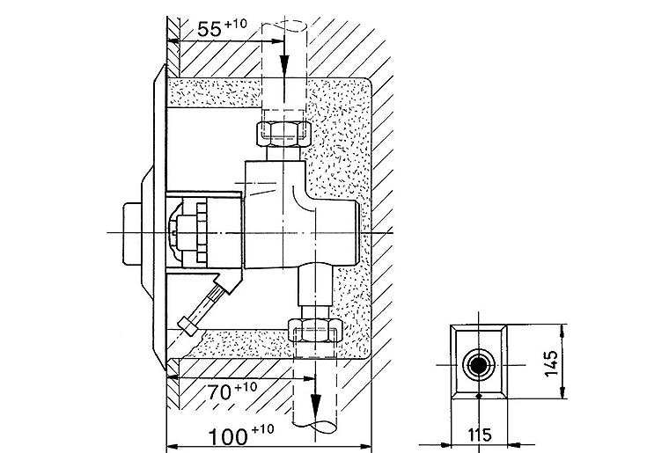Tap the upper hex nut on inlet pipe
click(283, 135)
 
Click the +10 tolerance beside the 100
click(262, 428)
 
